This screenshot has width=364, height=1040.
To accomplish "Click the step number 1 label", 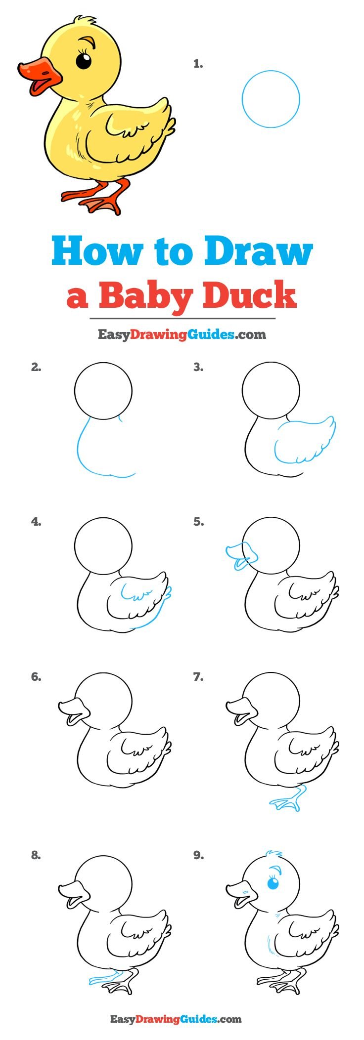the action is coord(198,64).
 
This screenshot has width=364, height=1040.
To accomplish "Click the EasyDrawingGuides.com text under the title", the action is coord(182,335).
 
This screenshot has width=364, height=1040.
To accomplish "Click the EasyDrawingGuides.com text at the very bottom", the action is coord(176,1019).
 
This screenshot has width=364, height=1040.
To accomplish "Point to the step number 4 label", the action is coord(36,521).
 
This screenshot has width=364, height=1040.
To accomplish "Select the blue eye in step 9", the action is coord(273,883).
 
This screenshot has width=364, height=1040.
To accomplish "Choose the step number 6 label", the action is coord(36,677).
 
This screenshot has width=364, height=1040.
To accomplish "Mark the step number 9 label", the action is coord(198,855).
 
